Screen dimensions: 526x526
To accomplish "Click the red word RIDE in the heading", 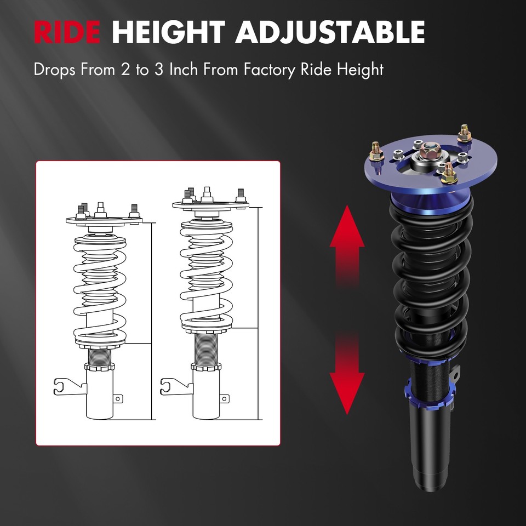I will point(66,32).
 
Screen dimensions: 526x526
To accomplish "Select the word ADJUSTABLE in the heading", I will point(330,32).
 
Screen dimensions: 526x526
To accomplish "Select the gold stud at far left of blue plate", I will point(377,151).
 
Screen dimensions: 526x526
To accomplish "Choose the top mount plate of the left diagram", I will point(104,220).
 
